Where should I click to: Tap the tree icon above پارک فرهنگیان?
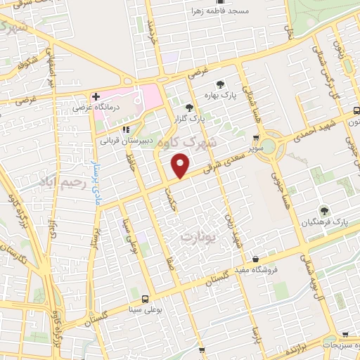(x=324, y=210)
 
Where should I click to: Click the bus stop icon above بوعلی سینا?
(x=146, y=297)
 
